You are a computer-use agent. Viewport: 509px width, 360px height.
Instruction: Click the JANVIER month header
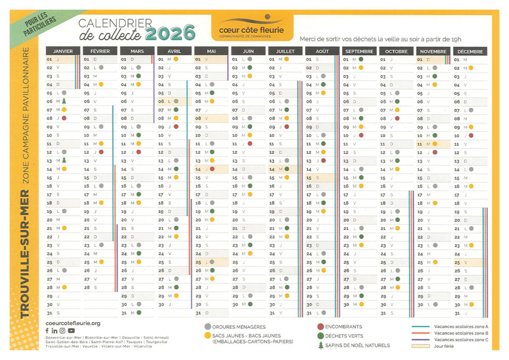pyautogui.click(x=63, y=51)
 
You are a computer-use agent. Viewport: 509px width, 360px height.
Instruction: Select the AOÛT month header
pyautogui.click(x=322, y=51)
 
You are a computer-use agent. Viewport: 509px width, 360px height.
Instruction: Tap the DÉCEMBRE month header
pyautogui.click(x=470, y=51)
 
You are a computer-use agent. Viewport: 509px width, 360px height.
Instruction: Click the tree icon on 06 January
pyautogui.click(x=64, y=101)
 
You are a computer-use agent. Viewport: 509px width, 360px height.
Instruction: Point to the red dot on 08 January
pyautogui.click(x=64, y=118)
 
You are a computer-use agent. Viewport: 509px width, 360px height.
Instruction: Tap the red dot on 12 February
pyautogui.click(x=101, y=152)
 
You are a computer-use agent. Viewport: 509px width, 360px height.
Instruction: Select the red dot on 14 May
pyautogui.click(x=212, y=169)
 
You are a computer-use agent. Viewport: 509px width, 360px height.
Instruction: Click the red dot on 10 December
pyautogui.click(x=471, y=135)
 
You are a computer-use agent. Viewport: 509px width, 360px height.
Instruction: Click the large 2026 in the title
pyautogui.click(x=170, y=33)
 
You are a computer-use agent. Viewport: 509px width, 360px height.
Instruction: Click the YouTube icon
pyautogui.click(x=71, y=331)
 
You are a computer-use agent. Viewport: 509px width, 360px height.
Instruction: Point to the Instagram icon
pyautogui.click(x=62, y=331)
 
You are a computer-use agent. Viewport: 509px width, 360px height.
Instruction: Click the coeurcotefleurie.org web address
pyautogui.click(x=73, y=323)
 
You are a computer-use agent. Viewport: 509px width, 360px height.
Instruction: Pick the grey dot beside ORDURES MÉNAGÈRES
pyautogui.click(x=207, y=327)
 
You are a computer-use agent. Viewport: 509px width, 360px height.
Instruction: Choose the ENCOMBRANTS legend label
pyautogui.click(x=344, y=327)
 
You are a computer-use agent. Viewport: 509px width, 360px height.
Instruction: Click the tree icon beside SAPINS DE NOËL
pyautogui.click(x=321, y=345)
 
